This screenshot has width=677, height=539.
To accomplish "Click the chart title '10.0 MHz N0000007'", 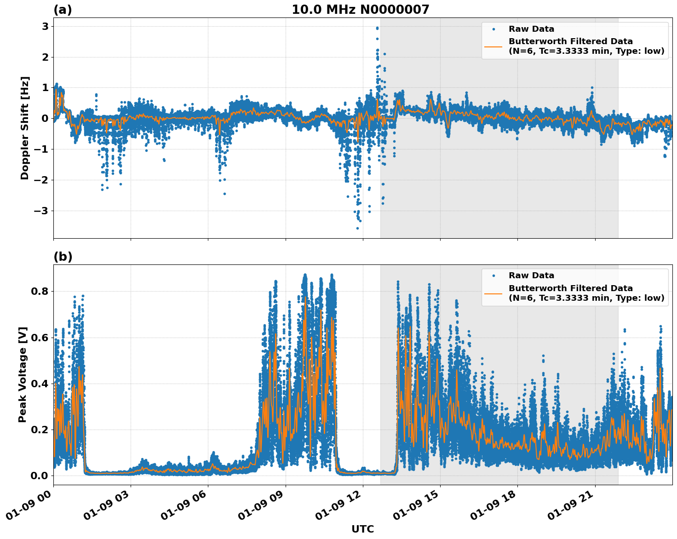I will pos(360,10).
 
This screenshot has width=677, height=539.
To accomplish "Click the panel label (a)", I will pos(63,10).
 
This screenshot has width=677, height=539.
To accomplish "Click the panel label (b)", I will pos(63,257).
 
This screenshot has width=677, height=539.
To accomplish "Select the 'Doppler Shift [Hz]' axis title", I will pos(25,128).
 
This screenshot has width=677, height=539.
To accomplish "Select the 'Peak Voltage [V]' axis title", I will pos(23,374).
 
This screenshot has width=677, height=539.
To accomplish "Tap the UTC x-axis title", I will pos(362,529).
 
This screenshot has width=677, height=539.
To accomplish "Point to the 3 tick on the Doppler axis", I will pos(45,27).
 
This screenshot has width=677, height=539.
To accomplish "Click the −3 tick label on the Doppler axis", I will pos(42,211).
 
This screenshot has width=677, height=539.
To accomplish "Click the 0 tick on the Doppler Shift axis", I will pos(45,119).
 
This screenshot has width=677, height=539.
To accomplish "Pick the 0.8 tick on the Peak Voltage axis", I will pos(40,292).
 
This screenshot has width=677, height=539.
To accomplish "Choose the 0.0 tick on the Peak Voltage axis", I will pos(40,476).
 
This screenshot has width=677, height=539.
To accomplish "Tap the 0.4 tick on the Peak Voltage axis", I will pos(40,384).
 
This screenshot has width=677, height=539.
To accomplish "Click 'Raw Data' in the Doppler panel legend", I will pos(531,29).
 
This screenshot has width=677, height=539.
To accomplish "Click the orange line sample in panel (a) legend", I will pos(493,46).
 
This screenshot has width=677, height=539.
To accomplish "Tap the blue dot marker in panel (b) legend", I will pos(493,276).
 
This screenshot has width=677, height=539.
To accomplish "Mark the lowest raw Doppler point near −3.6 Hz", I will pos(357,228).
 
